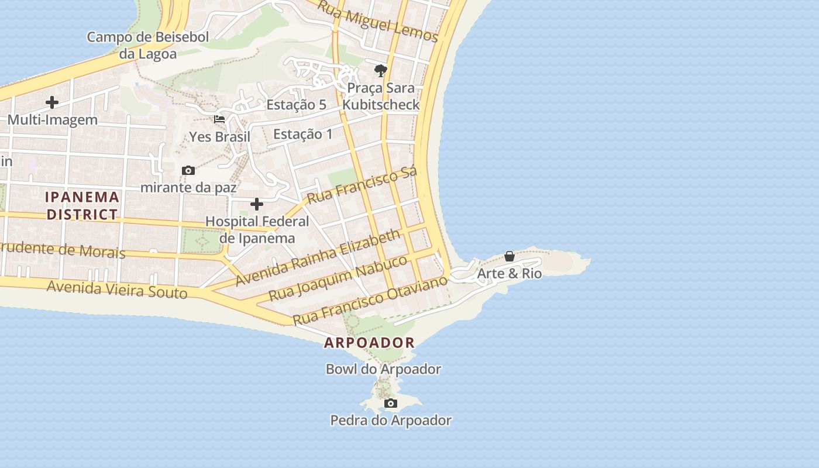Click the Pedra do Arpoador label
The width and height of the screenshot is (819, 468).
391,420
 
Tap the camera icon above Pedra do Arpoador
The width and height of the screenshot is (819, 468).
391,404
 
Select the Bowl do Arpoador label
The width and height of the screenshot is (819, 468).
383,369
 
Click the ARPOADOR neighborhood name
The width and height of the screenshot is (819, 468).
369,343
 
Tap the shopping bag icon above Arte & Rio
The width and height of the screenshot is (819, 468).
510,256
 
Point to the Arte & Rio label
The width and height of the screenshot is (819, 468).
509,273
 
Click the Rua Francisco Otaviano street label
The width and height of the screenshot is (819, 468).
370,300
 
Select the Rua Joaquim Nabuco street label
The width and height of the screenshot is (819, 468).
338,278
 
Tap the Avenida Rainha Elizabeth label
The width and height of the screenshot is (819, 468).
319,257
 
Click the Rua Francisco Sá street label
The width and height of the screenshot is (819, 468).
362,184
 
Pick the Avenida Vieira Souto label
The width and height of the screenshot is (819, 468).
117,289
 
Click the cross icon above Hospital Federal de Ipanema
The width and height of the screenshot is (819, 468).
256,204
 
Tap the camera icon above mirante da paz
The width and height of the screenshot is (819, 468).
188,171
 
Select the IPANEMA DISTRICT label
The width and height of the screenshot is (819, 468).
82,205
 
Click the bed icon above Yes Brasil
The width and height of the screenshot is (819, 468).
219,119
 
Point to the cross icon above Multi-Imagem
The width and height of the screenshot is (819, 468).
52,102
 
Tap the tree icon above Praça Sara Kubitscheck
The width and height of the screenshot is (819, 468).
381,71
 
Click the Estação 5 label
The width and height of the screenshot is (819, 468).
296,105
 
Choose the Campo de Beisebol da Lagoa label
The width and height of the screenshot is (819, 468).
147,46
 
